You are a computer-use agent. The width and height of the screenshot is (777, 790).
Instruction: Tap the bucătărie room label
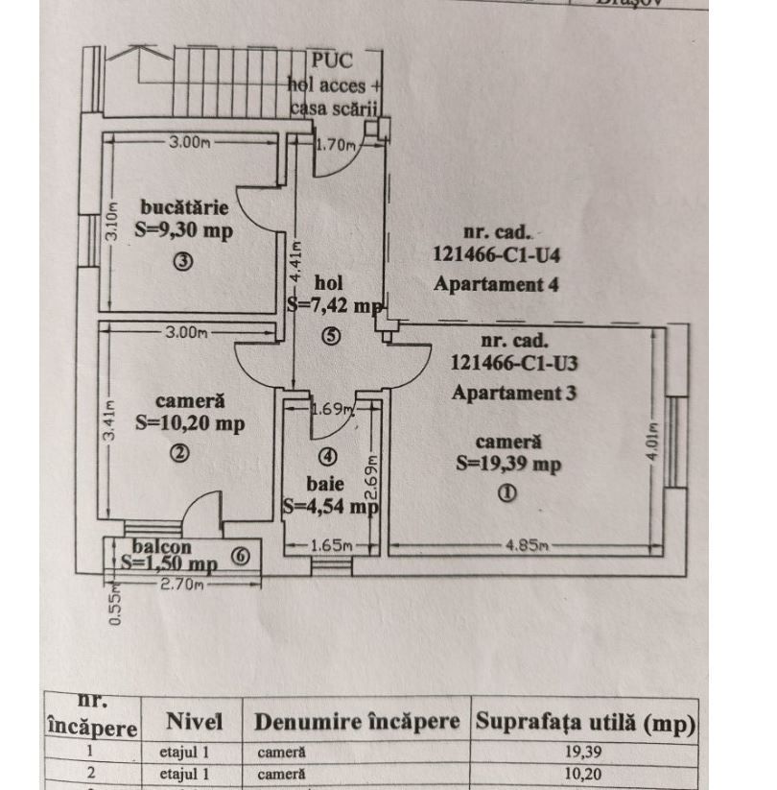coord(184,206)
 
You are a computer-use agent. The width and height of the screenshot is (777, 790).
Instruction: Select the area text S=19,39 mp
coord(508,464)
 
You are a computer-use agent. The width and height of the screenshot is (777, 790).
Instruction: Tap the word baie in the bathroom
coord(330,483)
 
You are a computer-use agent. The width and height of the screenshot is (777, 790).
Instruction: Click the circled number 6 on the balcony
coord(241,555)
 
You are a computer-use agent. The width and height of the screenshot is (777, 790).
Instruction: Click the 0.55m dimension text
coord(115,608)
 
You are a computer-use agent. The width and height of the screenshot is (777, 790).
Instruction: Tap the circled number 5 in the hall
coord(330,337)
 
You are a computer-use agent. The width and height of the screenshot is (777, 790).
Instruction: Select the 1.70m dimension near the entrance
coord(337,146)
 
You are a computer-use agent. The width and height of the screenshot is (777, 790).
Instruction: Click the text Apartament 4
coord(496,284)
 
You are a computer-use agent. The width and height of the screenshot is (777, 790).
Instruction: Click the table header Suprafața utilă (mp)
coord(585,722)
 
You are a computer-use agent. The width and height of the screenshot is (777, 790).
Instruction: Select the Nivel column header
coord(194,722)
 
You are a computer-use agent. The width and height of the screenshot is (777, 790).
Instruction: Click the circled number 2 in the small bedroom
coord(179,454)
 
